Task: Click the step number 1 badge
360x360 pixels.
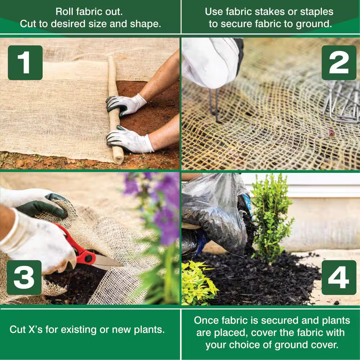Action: pos(25,63)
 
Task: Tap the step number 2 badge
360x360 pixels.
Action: pos(339,63)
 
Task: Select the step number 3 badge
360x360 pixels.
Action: pos(24,278)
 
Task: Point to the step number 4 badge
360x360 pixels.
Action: pos(339,278)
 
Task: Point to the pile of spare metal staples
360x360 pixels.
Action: pos(342,103)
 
